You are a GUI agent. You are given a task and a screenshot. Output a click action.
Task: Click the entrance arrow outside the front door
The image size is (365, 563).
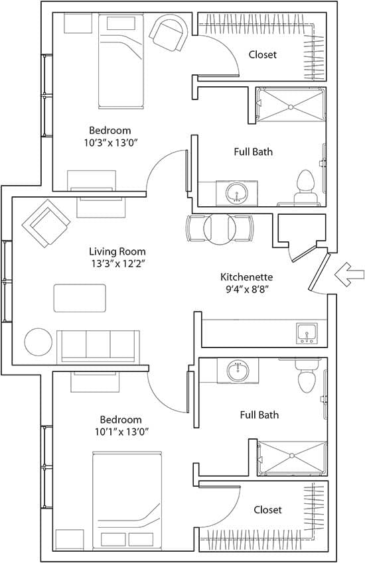coord(349,275)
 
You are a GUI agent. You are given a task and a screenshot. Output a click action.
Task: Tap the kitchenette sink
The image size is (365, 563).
coord(307,333)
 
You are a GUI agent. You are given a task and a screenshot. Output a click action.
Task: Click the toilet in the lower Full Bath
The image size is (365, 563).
coord(307,376)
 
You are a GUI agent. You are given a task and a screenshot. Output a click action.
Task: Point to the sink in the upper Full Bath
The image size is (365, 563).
coord(237,192)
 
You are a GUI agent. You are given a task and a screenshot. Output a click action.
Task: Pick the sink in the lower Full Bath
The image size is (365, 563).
coord(238,371)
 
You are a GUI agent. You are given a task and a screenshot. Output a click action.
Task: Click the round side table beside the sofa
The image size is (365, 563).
coord(38,342)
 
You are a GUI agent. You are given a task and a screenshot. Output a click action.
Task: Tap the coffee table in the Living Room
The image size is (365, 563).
coord(80,298)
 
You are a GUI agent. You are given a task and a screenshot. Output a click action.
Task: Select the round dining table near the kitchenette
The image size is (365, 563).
coord(220,229)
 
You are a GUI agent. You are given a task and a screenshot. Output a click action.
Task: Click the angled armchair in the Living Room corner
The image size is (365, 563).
coord(46,223)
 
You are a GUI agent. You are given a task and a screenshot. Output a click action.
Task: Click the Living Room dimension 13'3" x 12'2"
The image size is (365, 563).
coord(118,264)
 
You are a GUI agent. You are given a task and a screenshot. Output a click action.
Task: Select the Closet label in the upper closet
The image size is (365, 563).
coord(263,54)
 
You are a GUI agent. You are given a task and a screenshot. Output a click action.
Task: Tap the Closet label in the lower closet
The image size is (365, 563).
coord(267,509)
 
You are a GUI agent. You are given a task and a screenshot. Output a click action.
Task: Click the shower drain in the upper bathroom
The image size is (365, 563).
coord(291,107)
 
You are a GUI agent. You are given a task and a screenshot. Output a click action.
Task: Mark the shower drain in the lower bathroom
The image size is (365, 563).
coord(292,456)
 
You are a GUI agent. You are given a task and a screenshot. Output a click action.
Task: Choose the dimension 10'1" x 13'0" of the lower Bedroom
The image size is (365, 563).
coord(122,431)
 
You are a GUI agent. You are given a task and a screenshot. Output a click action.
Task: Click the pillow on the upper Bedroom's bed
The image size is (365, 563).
coord(121,23)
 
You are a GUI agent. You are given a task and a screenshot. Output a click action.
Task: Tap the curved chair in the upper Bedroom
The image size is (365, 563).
coord(169,32)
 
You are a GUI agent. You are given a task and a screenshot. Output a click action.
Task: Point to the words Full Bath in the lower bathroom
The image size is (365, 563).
coord(259,414)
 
